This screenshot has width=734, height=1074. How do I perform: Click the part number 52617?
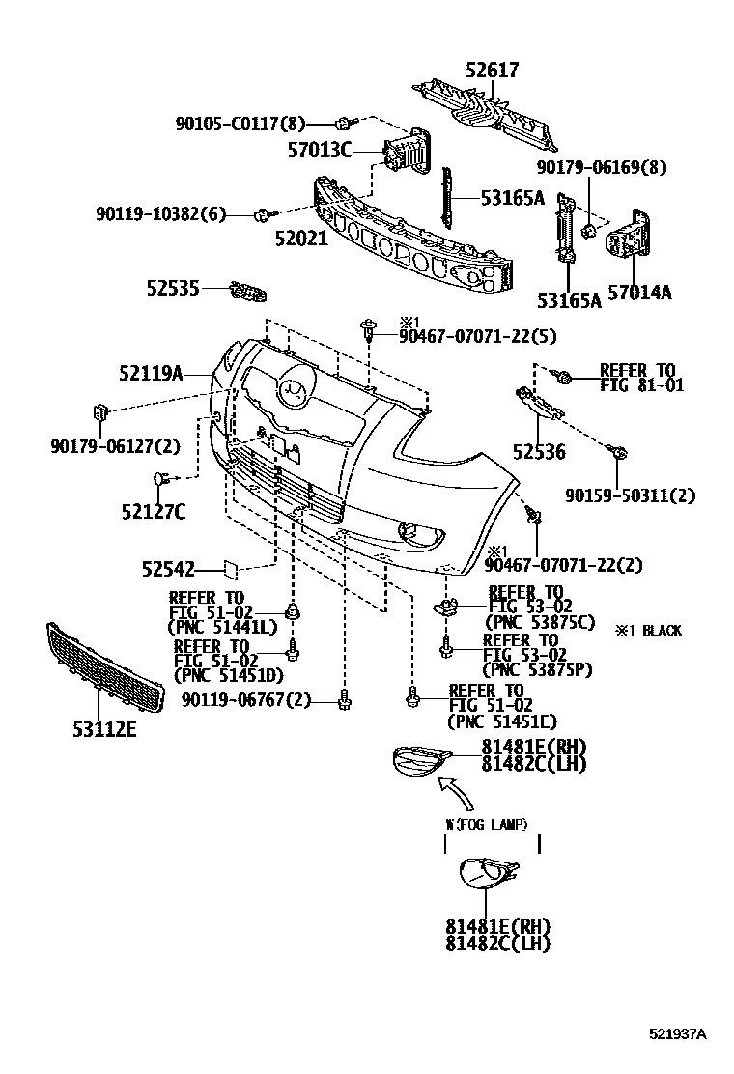492,71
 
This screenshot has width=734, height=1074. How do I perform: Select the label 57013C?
320,150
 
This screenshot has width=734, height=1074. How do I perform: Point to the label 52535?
173,288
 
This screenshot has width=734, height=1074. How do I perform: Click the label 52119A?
152,373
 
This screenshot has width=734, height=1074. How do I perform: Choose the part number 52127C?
154,511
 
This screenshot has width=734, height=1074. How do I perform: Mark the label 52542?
169,570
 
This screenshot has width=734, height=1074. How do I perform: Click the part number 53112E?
103,729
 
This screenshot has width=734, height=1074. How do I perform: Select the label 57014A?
638,293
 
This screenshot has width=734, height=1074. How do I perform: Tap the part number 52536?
539,452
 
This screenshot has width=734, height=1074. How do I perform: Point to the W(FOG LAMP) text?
486,824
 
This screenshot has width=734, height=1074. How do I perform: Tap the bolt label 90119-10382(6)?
160,214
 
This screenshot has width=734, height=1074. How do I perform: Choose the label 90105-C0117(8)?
240,124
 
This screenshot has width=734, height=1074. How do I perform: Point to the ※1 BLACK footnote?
648,631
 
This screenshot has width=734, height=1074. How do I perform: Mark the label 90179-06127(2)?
115,445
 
